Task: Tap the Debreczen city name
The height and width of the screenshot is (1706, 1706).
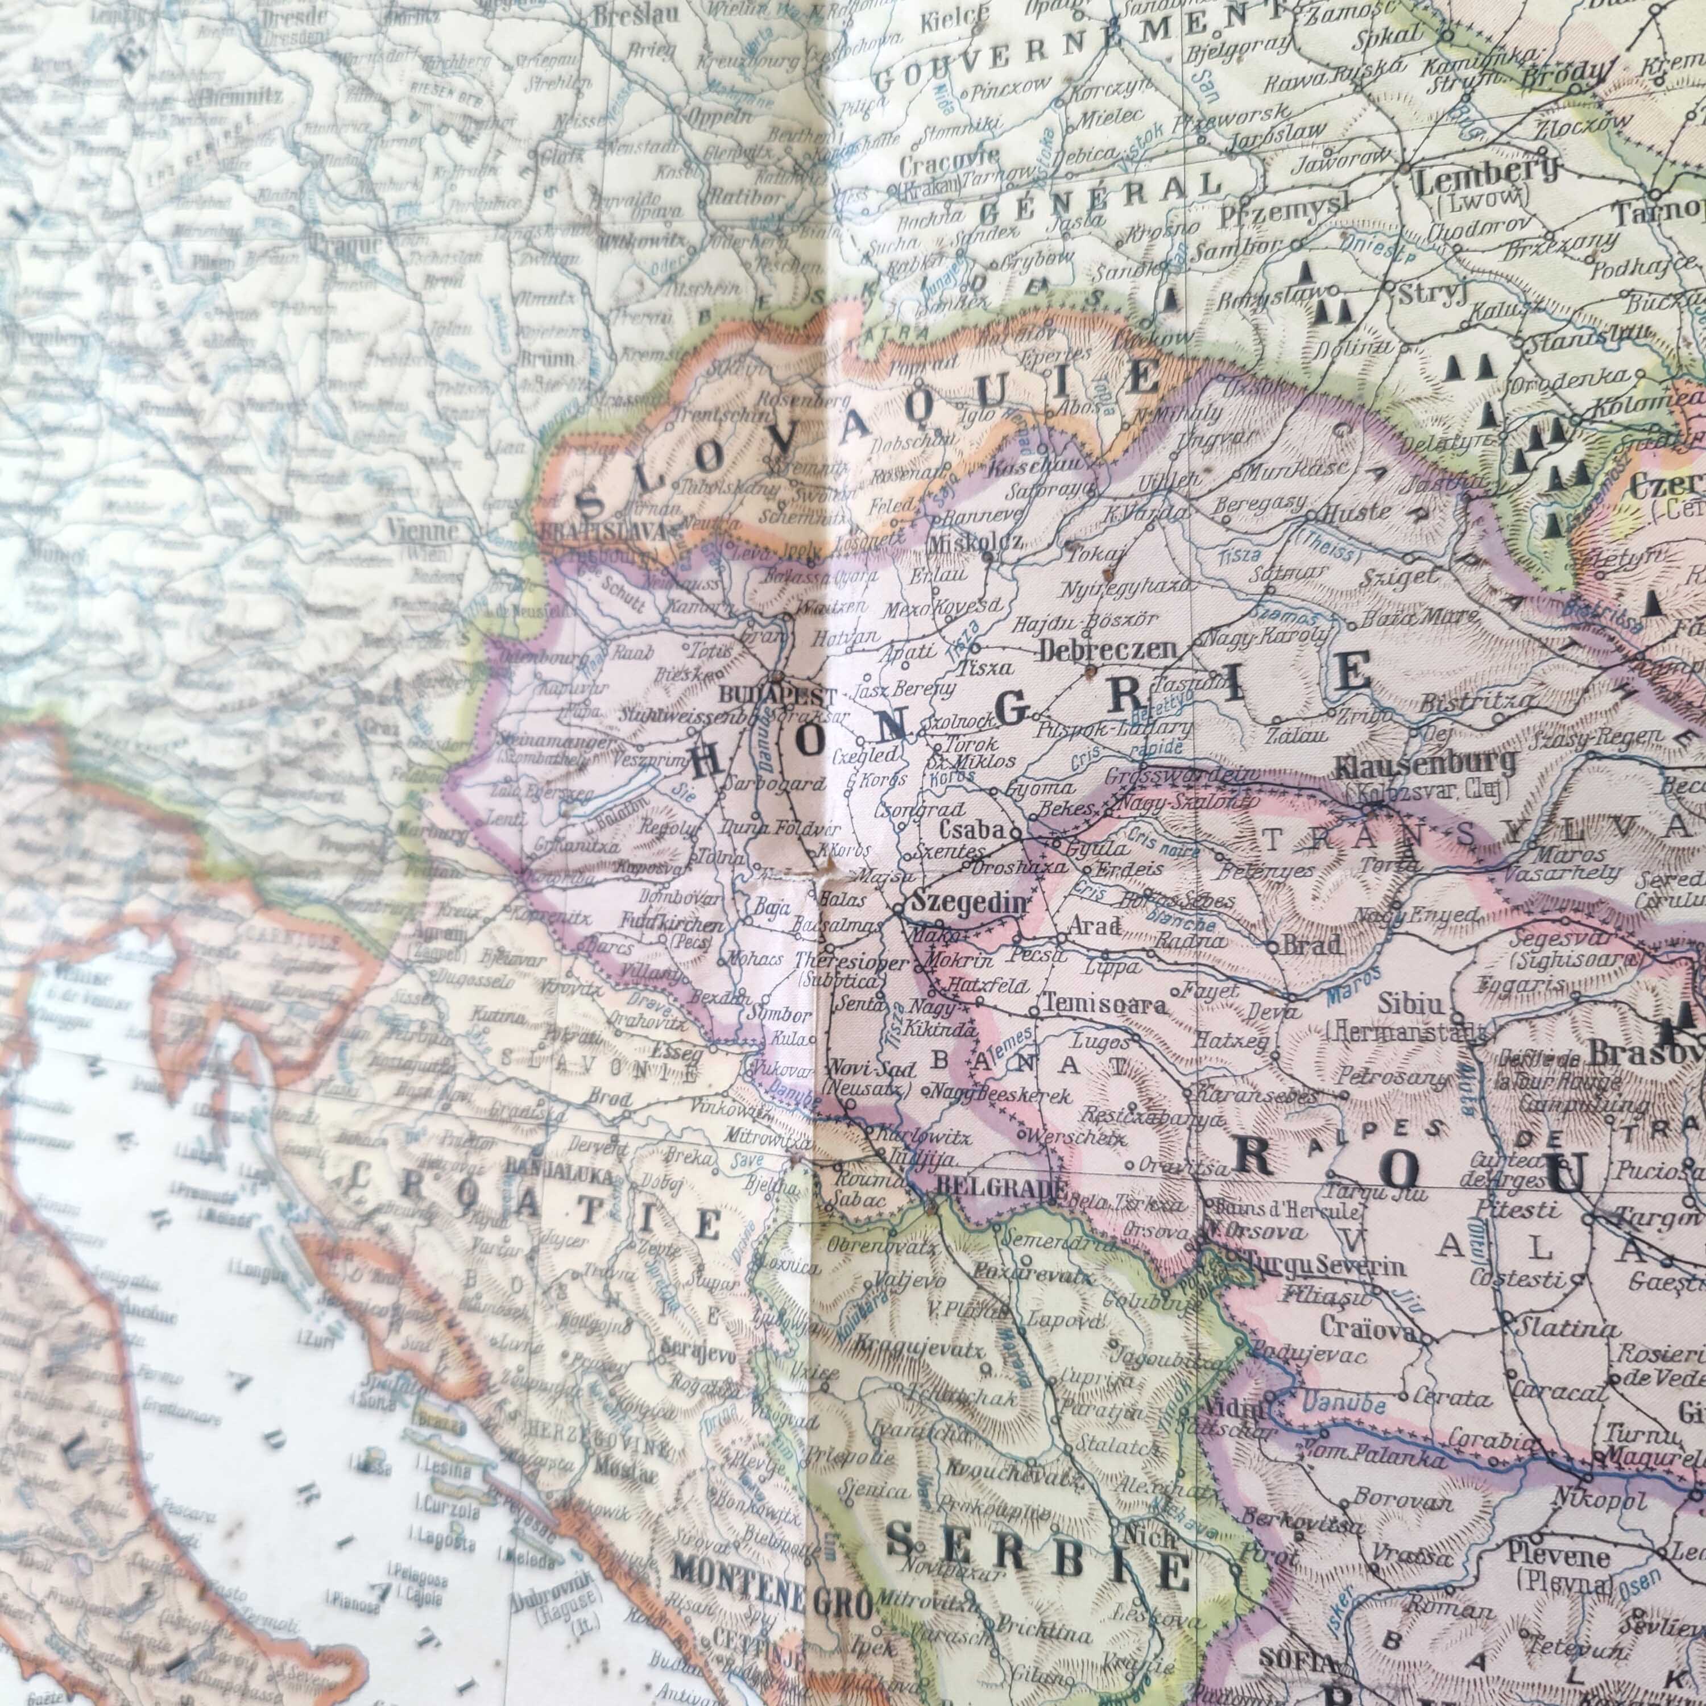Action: click(1108, 651)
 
